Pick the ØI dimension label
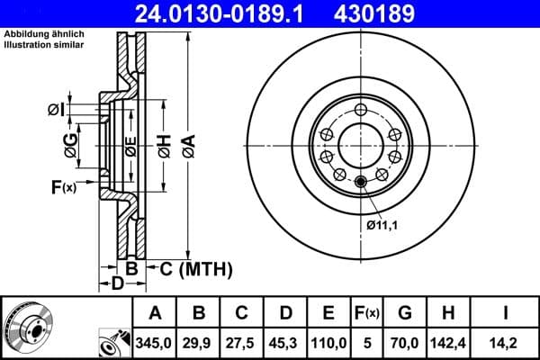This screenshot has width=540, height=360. pos(56,110)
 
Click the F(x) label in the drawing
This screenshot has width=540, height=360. pos(64,187)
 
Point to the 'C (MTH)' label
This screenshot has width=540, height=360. pos(196,268)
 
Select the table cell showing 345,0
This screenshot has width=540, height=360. pos(155,341)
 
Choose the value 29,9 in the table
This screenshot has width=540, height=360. pos(200,341)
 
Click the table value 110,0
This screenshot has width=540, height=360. pos(329,341)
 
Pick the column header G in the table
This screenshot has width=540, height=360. pos(405,313)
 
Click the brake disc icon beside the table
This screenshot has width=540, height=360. pos(28,328)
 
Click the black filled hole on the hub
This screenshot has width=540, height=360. pos(361,183)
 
